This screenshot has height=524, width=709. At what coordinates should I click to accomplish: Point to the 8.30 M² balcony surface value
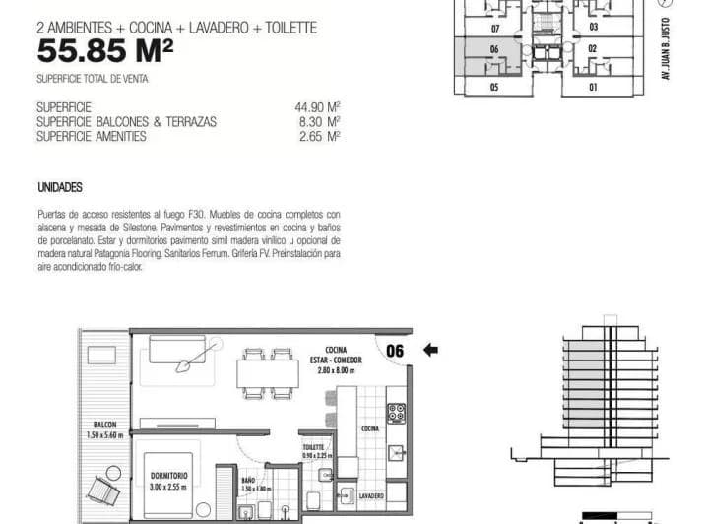[320, 121]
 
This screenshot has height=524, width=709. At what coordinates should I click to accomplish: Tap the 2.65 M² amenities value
[320, 136]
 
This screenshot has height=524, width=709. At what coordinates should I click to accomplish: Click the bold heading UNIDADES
[59, 187]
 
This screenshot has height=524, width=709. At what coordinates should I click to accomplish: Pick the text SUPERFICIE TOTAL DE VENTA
[98, 78]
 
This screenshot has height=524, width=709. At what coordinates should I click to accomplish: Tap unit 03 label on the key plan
[593, 28]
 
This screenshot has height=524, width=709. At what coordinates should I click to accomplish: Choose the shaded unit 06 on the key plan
[493, 48]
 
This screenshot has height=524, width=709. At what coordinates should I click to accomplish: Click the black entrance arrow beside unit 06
[430, 349]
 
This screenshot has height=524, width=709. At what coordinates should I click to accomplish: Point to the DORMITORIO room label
[169, 476]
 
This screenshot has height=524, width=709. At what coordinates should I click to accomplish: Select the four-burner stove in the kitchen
[397, 412]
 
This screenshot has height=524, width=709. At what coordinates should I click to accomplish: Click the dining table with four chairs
[268, 372]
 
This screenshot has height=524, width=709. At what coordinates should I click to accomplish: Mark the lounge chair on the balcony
[101, 488]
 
